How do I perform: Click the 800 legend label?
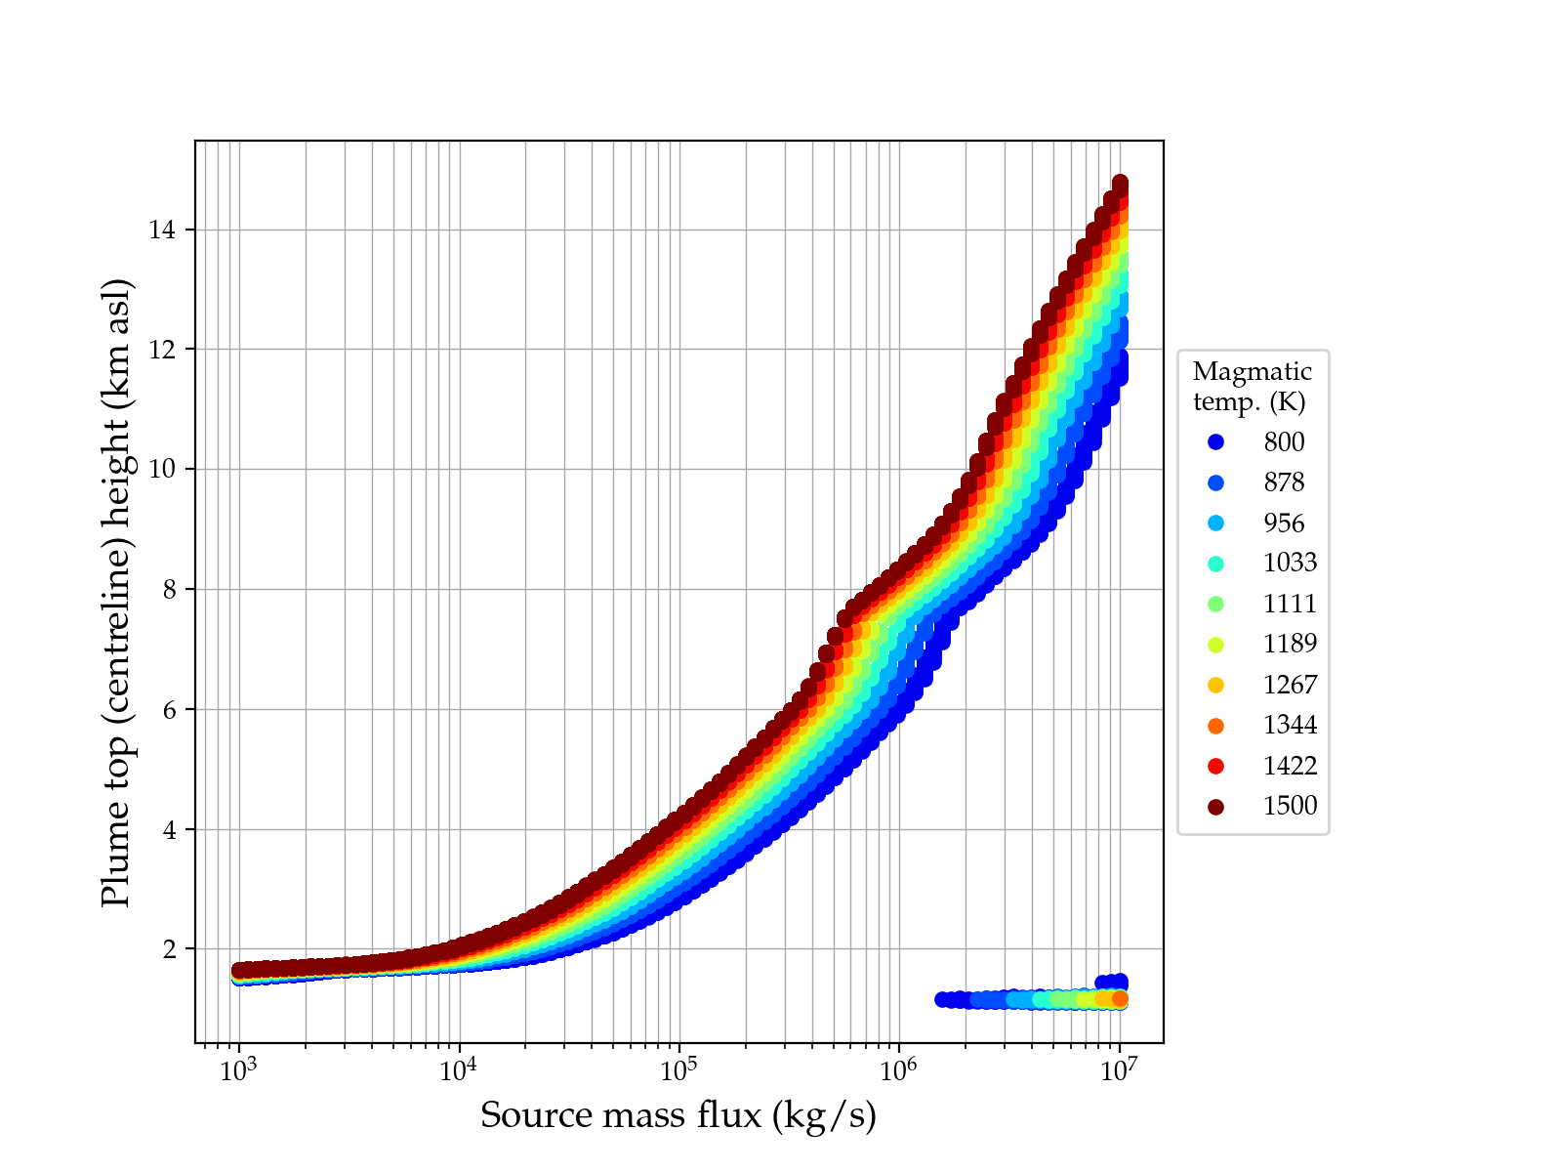point(1283,442)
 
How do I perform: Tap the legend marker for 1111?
point(1215,604)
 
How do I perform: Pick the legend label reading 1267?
point(1290,685)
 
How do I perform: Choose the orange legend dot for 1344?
point(1215,726)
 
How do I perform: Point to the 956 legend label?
point(1283,523)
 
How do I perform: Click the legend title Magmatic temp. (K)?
point(1252,386)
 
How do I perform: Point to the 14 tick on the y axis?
point(162,230)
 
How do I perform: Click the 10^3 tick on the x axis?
point(238,1071)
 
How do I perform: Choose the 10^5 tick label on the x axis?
point(678,1071)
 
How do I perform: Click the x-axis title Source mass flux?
point(678,1115)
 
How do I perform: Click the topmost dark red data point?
point(1120,184)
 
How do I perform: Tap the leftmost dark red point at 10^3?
point(239,970)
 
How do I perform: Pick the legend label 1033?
point(1290,564)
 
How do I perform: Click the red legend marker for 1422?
point(1215,766)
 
